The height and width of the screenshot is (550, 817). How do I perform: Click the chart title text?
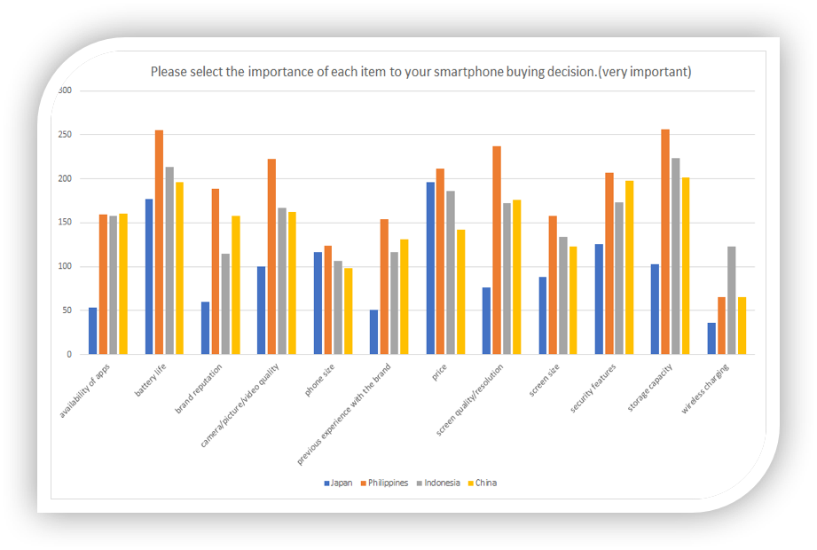point(420,72)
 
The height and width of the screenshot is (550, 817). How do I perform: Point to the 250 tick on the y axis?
point(64,135)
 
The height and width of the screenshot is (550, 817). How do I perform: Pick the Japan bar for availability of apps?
point(93,331)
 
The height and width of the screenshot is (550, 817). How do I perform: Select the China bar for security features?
point(630,267)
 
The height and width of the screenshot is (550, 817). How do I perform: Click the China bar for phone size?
point(349,310)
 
